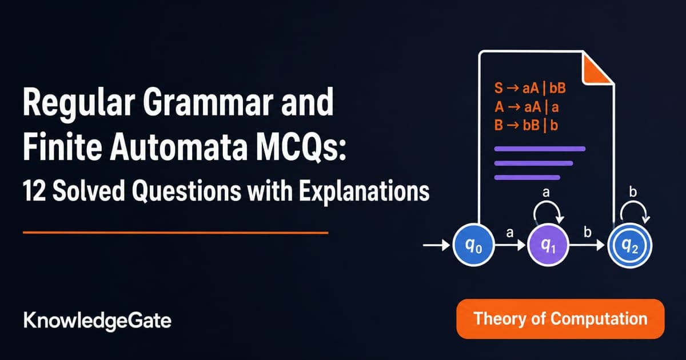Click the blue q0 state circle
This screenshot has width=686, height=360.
473,246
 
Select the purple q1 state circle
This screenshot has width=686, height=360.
548,246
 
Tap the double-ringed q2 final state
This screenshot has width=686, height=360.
630,246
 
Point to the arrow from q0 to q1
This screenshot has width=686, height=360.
510,245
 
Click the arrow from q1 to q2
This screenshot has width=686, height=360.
587,245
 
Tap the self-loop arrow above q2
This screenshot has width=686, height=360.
635,203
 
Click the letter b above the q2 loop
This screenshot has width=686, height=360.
633,192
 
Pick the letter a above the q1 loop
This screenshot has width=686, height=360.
546,193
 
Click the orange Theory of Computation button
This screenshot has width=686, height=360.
560,319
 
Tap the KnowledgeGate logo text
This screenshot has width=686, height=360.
97,321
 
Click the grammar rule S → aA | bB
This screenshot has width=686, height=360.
530,89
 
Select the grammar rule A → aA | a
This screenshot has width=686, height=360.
527,107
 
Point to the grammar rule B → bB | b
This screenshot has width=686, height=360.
526,125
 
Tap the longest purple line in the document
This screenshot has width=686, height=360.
540,149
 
